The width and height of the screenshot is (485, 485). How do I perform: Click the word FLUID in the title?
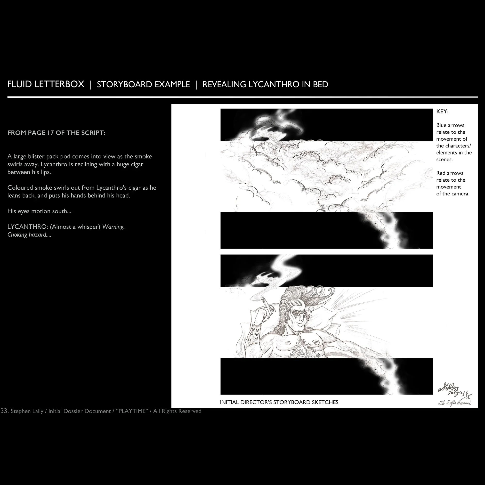click(20, 84)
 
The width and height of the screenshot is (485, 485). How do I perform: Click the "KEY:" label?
click(442, 112)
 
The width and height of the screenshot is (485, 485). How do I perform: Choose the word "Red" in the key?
click(441, 173)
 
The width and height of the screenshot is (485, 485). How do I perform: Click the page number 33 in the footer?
click(5, 411)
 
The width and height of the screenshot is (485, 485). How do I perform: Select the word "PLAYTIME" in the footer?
click(132, 411)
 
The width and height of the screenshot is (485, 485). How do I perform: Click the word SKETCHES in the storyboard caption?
click(325, 402)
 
